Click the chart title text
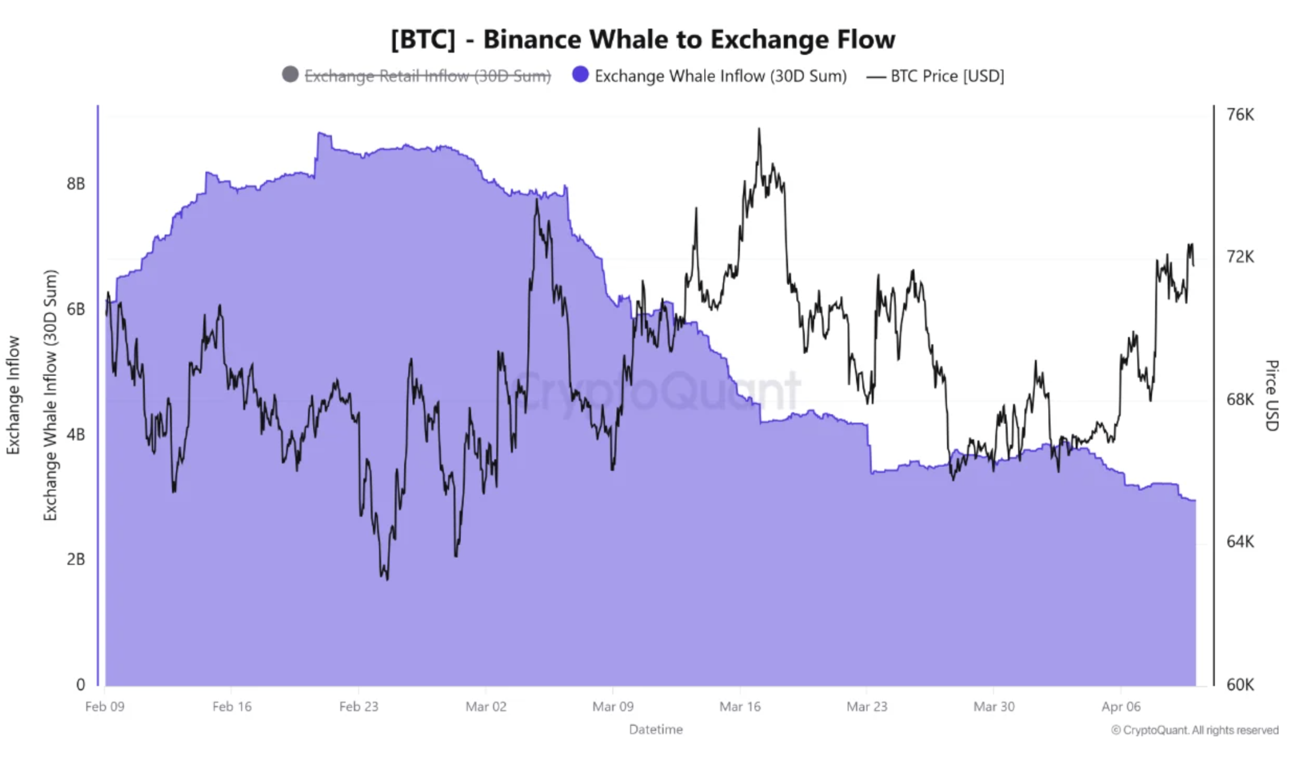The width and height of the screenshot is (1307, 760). [x=643, y=40]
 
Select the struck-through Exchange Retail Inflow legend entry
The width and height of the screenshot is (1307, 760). [x=427, y=76]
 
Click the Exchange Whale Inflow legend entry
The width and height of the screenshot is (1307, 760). [x=720, y=76]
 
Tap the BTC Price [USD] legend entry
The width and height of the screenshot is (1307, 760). [x=947, y=76]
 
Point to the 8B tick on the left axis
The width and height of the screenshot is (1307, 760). [x=76, y=184]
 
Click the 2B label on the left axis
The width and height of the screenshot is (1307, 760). [x=76, y=560]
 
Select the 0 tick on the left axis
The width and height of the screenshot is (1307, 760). [x=81, y=684]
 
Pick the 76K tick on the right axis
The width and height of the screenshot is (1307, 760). [x=1240, y=115]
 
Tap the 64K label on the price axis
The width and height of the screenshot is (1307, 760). [x=1240, y=542]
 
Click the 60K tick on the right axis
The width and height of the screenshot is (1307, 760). [x=1240, y=684]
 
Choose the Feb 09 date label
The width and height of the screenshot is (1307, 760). [x=105, y=706]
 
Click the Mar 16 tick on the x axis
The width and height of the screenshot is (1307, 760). [x=740, y=706]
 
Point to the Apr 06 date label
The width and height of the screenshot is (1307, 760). [x=1120, y=706]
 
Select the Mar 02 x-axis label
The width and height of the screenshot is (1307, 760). [x=486, y=706]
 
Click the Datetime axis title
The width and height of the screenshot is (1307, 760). [x=655, y=729]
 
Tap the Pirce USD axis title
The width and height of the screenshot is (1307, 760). [x=1271, y=395]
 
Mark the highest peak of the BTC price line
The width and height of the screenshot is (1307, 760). [x=759, y=129]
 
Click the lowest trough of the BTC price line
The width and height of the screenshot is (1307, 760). [x=386, y=579]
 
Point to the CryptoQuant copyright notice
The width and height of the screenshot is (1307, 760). [x=1194, y=730]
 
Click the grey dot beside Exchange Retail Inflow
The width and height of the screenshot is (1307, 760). [x=290, y=75]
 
